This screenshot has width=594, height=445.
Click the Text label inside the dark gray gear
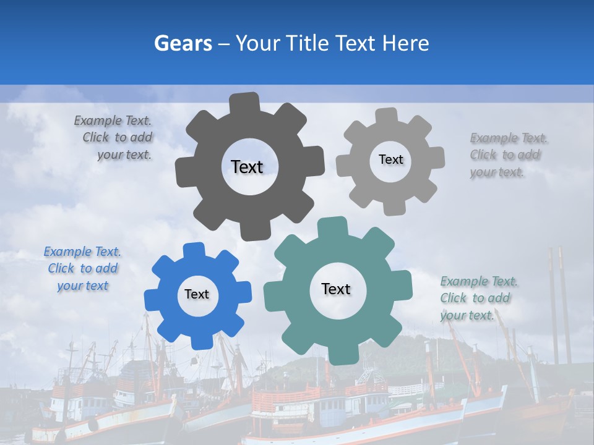coord(247,167)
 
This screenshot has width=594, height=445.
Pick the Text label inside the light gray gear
coord(390,159)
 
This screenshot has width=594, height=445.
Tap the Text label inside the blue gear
coord(197,294)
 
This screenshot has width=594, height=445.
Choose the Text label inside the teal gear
coord(336,289)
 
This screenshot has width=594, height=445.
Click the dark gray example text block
coord(118,138)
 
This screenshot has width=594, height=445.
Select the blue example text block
coord(82,269)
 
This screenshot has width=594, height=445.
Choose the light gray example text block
coord(506,155)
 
